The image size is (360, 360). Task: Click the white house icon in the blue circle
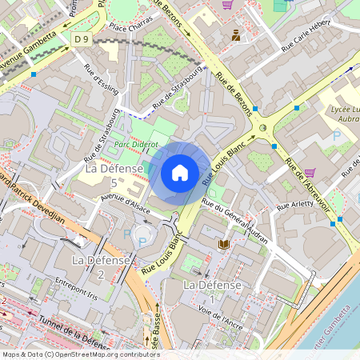tap(180, 172)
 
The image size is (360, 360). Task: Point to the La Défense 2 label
tap(101, 267)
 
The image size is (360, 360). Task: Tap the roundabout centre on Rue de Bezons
tap(262, 127)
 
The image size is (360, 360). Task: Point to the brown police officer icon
tap(236, 34)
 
